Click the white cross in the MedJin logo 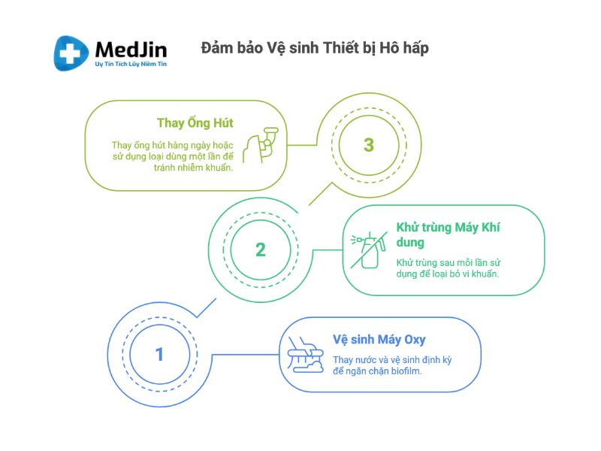click(x=70, y=53)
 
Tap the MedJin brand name click(x=131, y=50)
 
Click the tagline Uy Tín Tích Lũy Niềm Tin click(x=131, y=64)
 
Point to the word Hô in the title click(x=389, y=48)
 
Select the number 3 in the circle click(x=369, y=145)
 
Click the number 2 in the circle click(x=261, y=250)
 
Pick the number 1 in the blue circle click(x=159, y=354)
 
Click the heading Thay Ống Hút click(x=195, y=123)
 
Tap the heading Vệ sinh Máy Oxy click(x=379, y=340)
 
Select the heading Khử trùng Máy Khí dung click(x=448, y=235)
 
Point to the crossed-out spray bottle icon click(x=368, y=250)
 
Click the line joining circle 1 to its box click(x=246, y=354)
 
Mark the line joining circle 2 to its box click(x=328, y=250)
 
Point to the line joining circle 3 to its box click(x=302, y=145)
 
